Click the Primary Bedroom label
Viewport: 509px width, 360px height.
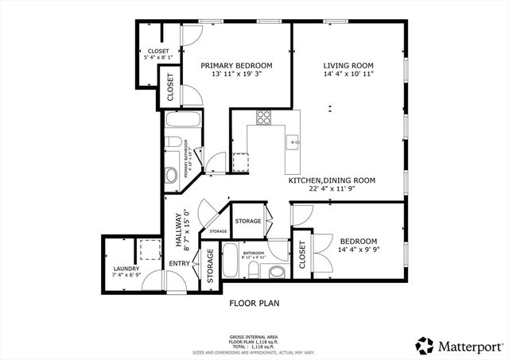pyautogui.click(x=236, y=65)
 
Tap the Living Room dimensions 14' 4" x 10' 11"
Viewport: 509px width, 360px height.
pyautogui.click(x=348, y=74)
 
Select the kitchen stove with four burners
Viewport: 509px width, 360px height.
pyautogui.click(x=264, y=118)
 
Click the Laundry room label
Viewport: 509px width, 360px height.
pyautogui.click(x=127, y=269)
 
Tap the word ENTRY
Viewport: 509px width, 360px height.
pyautogui.click(x=179, y=263)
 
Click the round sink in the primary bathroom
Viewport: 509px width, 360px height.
pyautogui.click(x=171, y=175)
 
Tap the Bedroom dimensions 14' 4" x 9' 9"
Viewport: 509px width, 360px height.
pyautogui.click(x=359, y=250)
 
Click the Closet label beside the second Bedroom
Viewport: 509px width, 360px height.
pyautogui.click(x=303, y=254)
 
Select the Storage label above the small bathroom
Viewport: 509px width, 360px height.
pyautogui.click(x=248, y=220)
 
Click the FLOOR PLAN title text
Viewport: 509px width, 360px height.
pyautogui.click(x=254, y=303)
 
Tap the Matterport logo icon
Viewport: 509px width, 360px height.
pyautogui.click(x=423, y=344)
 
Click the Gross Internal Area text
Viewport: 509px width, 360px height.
pyautogui.click(x=252, y=336)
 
